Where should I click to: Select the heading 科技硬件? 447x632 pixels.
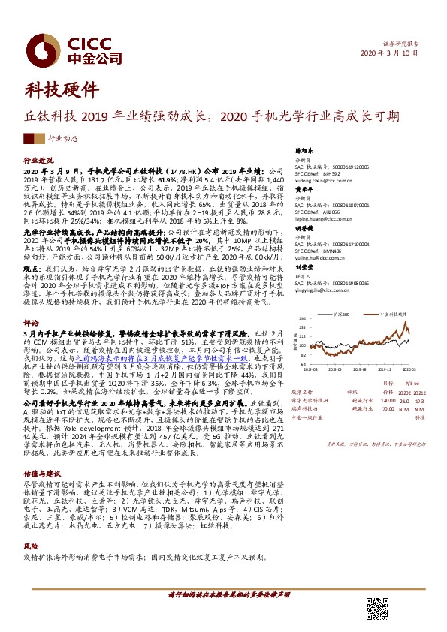62,90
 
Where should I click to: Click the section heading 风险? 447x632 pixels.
31,526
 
